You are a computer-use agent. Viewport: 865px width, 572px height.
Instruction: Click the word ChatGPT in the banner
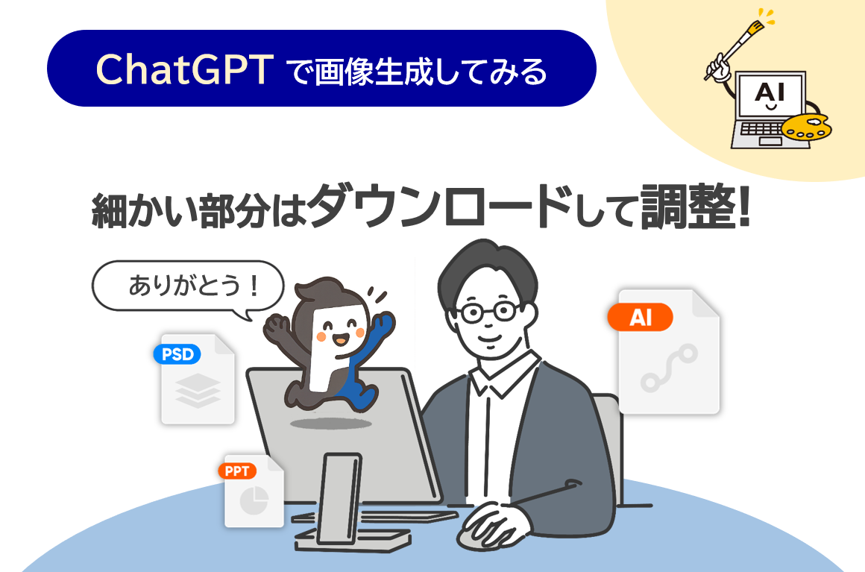(185, 69)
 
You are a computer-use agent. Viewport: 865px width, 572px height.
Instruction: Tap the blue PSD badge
(177, 353)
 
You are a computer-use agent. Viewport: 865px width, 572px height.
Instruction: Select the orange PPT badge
(237, 471)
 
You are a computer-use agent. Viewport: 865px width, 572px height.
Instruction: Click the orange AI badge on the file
(641, 317)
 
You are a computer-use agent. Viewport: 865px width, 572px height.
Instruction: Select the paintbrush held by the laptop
(734, 49)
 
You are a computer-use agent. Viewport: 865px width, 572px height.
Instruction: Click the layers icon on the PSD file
(198, 391)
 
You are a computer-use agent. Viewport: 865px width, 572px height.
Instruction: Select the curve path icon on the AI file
(669, 368)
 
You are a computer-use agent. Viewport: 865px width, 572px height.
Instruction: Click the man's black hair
(485, 270)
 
